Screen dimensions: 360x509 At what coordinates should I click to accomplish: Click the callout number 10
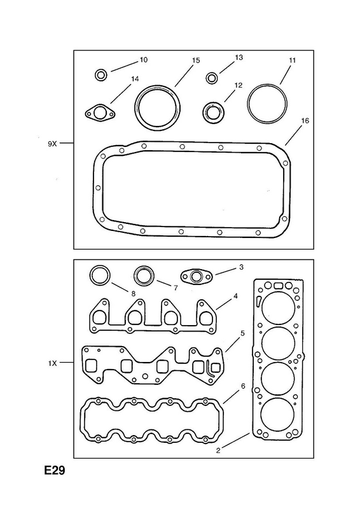(144, 60)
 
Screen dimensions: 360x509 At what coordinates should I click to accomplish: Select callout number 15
(196, 60)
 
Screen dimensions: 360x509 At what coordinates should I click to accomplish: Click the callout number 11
(292, 60)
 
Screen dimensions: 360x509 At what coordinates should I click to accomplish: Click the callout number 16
(305, 121)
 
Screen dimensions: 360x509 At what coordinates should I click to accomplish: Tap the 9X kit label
(52, 144)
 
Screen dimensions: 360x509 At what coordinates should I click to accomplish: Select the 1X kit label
(52, 363)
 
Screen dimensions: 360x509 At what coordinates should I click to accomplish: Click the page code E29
(55, 470)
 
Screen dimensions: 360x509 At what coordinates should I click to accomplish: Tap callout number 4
(235, 296)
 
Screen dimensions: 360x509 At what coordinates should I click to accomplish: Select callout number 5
(242, 333)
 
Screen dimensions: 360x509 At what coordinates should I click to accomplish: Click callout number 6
(243, 386)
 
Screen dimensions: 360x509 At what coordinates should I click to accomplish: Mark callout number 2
(218, 450)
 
